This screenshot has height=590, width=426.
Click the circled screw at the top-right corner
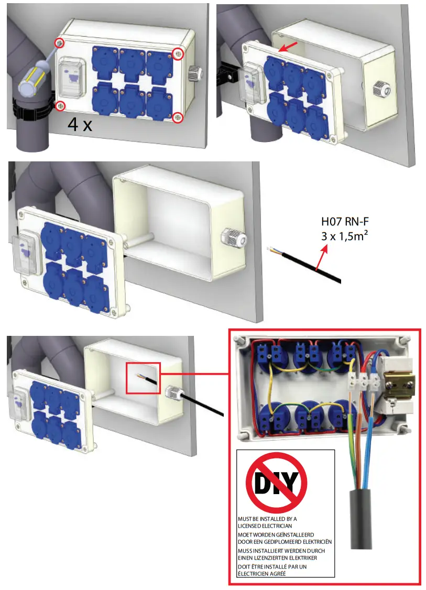coord(178,53)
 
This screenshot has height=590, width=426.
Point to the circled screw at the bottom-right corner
coord(178,118)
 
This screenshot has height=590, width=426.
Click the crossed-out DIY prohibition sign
coord(277,482)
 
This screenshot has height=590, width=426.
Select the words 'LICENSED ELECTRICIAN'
coord(265,526)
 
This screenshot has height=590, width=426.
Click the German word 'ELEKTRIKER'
coord(301,558)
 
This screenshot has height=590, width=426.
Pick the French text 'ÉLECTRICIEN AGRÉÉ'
coord(261,574)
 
